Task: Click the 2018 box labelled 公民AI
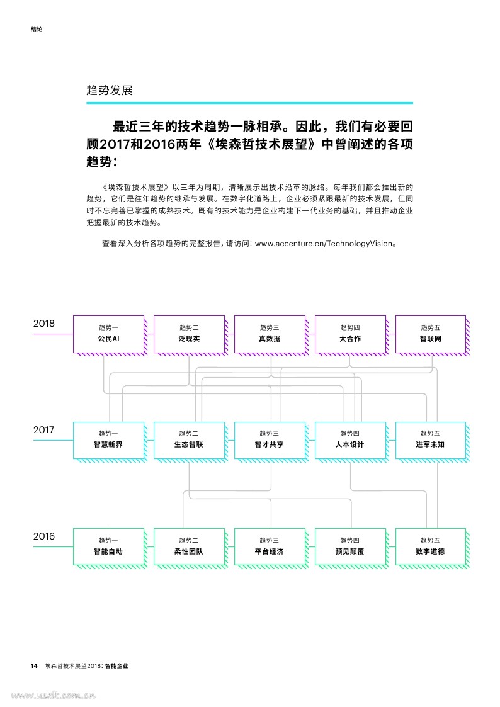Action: (x=109, y=334)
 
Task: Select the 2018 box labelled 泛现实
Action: (x=189, y=334)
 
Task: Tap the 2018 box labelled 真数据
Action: (x=270, y=334)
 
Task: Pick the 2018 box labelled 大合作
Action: (x=350, y=334)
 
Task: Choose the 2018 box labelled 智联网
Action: (x=431, y=334)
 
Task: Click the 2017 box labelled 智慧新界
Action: (x=109, y=441)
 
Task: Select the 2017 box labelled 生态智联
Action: (x=189, y=441)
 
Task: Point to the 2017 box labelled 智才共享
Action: (x=270, y=441)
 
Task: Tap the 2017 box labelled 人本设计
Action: (x=350, y=441)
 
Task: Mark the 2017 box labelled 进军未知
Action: (x=431, y=441)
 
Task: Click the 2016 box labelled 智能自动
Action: (x=109, y=547)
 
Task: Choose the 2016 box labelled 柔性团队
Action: (x=189, y=547)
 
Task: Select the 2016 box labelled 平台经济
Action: (x=270, y=547)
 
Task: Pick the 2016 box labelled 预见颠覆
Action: (x=350, y=547)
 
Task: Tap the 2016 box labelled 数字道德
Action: (x=431, y=547)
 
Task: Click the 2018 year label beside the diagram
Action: (x=43, y=324)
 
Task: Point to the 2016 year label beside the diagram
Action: (x=43, y=536)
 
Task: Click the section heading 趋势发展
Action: (x=110, y=90)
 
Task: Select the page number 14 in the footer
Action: (x=34, y=666)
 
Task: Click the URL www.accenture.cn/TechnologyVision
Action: (x=324, y=244)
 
